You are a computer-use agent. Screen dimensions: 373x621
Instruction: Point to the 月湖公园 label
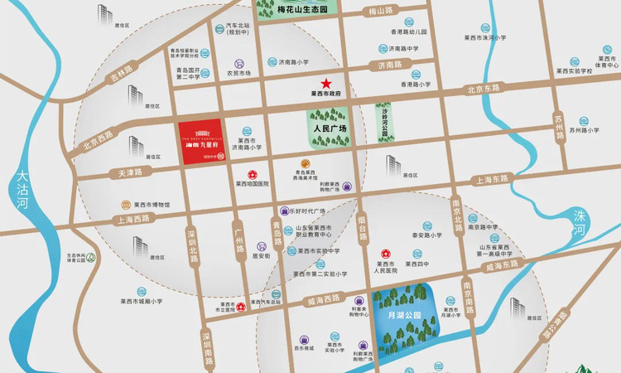405,315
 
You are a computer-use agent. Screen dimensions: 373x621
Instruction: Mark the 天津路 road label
125,172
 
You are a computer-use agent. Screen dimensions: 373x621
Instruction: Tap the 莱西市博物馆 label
152,204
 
